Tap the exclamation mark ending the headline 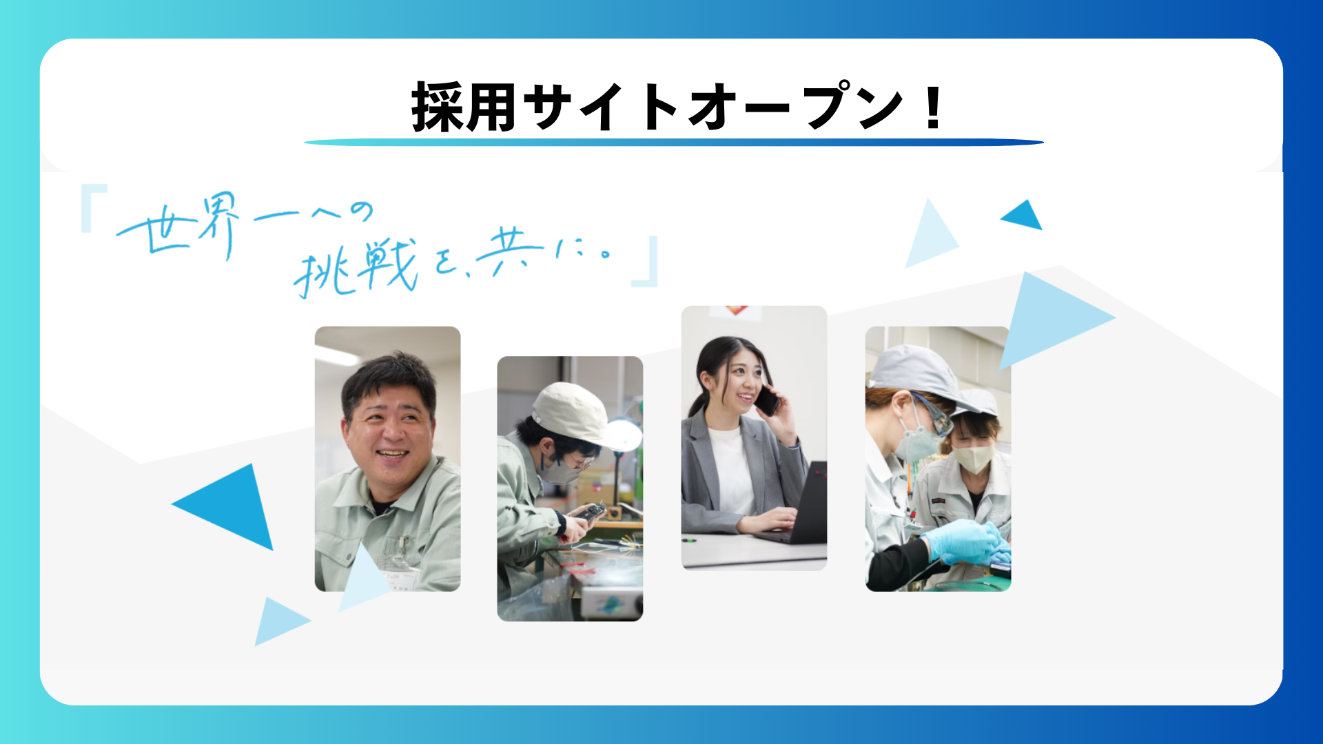[x=934, y=107]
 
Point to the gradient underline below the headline [x=674, y=143]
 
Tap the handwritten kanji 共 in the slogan [x=510, y=251]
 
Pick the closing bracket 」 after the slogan [x=646, y=262]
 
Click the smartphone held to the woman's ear [x=766, y=400]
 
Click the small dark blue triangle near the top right [x=1024, y=216]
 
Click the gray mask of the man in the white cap [x=560, y=471]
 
